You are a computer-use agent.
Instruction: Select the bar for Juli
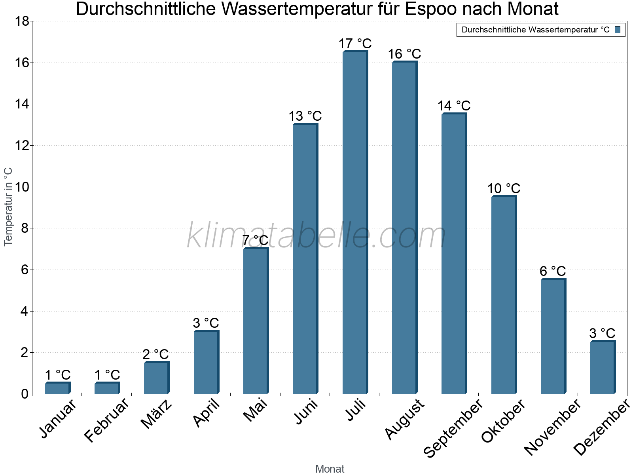point(355,223)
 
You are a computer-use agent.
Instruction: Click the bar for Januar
point(57,388)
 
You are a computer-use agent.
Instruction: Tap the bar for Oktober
point(504,295)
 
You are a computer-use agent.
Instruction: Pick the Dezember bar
point(603,367)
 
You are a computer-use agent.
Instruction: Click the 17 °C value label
point(355,44)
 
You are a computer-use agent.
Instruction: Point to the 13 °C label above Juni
point(305,116)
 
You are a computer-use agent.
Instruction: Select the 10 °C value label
point(504,188)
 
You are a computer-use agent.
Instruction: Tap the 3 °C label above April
point(206,323)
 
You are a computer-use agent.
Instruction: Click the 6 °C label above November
point(553,271)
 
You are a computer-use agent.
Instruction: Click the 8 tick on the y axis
point(25,228)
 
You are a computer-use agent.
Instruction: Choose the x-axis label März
point(157,414)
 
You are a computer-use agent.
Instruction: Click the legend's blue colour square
point(618,30)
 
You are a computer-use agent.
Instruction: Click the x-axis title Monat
point(330,469)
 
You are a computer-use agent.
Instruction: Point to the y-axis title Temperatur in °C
point(8,207)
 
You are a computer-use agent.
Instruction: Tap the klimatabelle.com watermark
point(316,236)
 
